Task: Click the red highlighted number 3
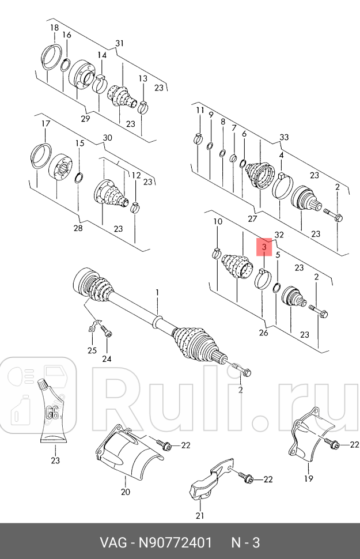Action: click(264, 247)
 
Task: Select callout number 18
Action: click(54, 28)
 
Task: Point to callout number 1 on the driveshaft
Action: click(157, 293)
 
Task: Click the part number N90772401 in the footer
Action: click(175, 543)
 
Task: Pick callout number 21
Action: click(200, 516)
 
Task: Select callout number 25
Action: click(92, 350)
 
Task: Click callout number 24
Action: click(107, 359)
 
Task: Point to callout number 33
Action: click(284, 137)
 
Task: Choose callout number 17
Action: click(46, 124)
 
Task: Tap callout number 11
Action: click(200, 110)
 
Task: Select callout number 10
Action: click(217, 221)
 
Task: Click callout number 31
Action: click(119, 43)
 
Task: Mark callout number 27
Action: click(252, 218)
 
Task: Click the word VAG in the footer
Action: click(113, 543)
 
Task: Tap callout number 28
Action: click(78, 228)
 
